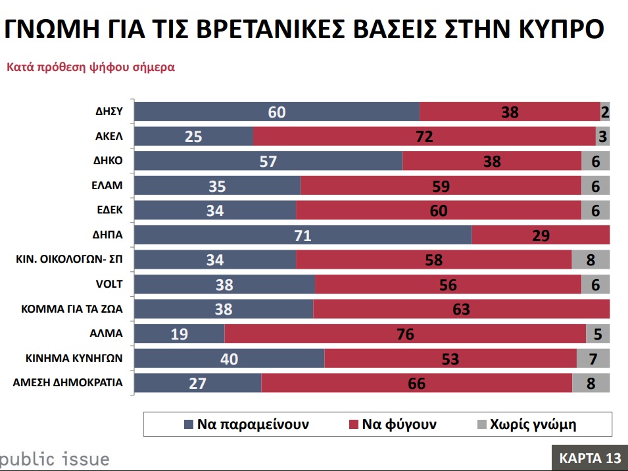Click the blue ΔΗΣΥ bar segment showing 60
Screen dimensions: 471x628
277,112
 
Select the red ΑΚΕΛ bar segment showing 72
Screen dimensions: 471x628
423,137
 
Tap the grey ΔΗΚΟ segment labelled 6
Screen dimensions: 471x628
596,162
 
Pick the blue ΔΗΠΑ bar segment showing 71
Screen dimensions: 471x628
303,235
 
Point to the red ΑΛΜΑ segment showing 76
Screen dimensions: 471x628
405,334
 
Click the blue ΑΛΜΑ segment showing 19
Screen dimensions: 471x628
180,334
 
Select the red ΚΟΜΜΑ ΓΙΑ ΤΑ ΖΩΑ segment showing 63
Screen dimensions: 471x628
461,309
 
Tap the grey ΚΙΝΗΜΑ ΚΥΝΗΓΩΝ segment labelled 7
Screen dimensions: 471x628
593,358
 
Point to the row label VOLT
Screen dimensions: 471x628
109,284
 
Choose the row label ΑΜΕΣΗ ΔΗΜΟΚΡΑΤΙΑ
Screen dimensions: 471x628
68,382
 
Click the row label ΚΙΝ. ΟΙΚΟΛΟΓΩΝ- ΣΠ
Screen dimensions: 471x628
70,259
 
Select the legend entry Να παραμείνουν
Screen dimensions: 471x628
247,424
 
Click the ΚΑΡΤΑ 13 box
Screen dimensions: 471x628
589,457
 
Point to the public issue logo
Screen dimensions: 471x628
54,459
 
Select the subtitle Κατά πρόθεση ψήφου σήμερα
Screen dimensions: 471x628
91,67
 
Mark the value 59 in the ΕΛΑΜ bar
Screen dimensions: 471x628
441,186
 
